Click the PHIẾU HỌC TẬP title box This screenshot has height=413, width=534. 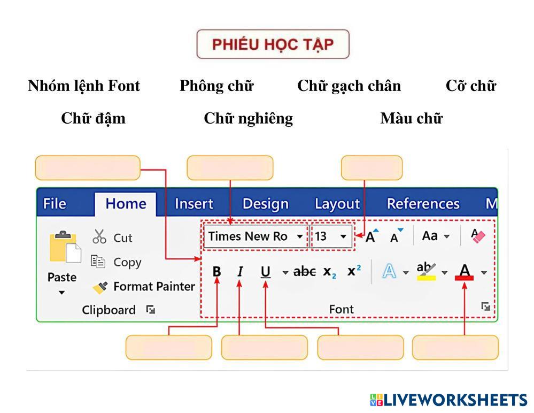coord(273,44)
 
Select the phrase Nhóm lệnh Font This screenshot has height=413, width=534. coord(84,86)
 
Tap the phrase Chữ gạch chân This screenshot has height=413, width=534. coord(349,86)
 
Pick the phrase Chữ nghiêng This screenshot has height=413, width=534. coord(249,118)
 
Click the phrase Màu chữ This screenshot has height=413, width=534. coord(411,118)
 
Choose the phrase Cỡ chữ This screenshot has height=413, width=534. coord(471,86)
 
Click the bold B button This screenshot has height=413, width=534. coord(216,272)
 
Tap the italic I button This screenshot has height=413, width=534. coord(240,272)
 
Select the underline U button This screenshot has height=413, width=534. coord(265,272)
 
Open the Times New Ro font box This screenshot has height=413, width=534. coord(255,236)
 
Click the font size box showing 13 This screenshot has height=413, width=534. coord(331,236)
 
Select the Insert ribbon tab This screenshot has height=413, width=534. coord(194,204)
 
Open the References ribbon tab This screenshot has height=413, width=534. coord(423,204)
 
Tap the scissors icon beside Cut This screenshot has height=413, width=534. coord(99,237)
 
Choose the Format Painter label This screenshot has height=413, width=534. coord(154,287)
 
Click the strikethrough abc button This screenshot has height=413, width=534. coord(305,272)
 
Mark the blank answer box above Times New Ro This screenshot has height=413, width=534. coord(230,168)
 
